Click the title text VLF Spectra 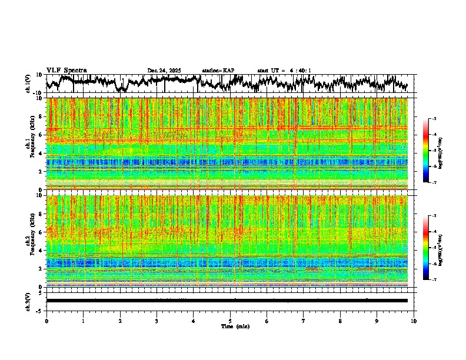click(66, 70)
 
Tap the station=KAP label click(218, 71)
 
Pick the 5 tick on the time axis click(230, 321)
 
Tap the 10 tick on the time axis click(414, 321)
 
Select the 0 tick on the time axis click(46, 321)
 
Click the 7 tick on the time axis click(304, 321)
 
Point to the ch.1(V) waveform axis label click(28, 84)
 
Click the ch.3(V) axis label click(28, 301)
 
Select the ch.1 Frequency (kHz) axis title click(29, 144)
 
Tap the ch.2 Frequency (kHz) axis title click(29, 241)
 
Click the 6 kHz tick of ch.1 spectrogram click(41, 135)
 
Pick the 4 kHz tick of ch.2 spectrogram click(41, 251)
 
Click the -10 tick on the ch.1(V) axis click(38, 93)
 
